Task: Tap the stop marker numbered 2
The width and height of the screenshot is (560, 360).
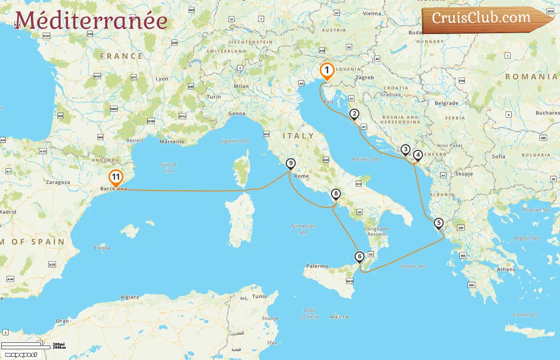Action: [354, 114]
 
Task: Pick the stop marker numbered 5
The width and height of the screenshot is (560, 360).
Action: [439, 223]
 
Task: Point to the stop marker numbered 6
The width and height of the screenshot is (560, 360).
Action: [360, 257]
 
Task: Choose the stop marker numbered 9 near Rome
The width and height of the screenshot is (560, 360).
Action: [291, 164]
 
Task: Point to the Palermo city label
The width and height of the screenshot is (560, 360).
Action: [317, 266]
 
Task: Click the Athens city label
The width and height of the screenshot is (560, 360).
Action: [506, 270]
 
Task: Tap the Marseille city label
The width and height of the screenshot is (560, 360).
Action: [172, 142]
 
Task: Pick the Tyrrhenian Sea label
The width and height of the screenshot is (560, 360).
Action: [303, 229]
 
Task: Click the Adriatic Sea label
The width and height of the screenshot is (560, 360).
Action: [365, 159]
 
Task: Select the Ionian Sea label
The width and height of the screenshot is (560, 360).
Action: [413, 266]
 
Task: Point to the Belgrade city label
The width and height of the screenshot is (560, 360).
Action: [446, 103]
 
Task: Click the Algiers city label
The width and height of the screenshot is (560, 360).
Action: [130, 297]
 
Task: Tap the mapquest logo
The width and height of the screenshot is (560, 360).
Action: [21, 355]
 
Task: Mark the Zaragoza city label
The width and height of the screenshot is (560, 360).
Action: [58, 182]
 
